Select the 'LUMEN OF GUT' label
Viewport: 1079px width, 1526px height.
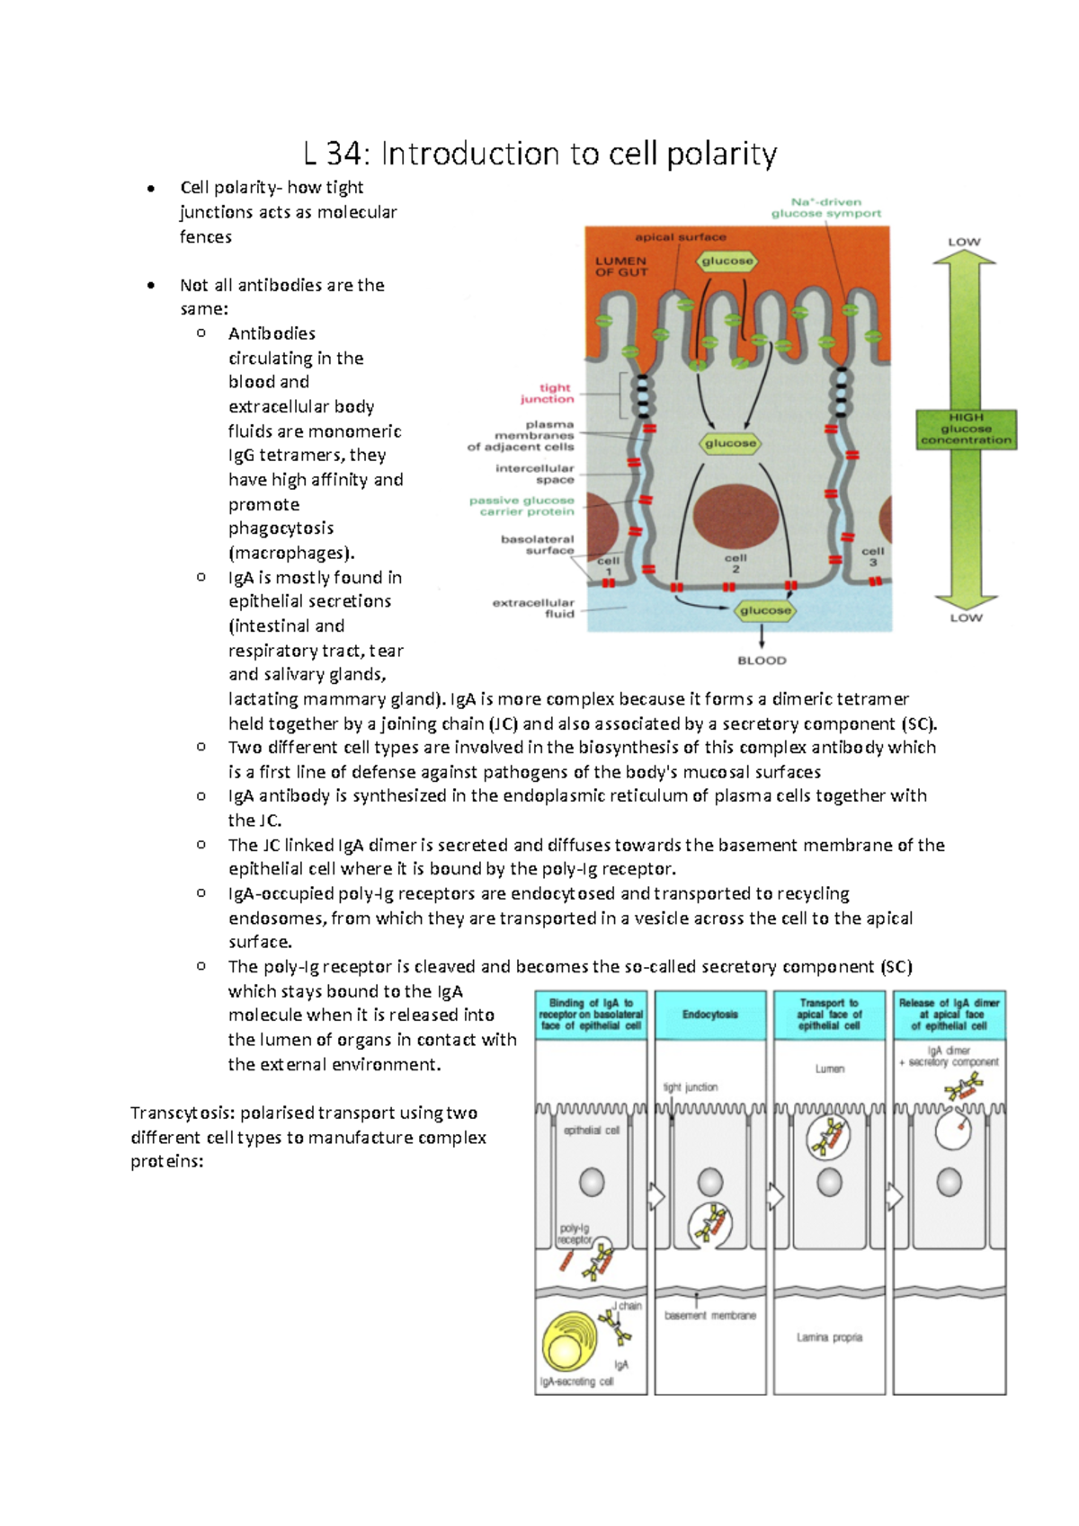(x=620, y=266)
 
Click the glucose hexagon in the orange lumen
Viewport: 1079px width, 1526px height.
(x=727, y=261)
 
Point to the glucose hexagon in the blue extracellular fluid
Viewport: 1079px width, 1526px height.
(x=764, y=610)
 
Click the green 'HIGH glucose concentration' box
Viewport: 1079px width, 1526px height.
(x=966, y=429)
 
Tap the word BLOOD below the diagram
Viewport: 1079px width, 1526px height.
(x=762, y=661)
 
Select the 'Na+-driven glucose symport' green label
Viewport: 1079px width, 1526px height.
(x=826, y=208)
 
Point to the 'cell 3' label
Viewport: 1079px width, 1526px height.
(x=872, y=556)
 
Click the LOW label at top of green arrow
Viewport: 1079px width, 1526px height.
(x=964, y=242)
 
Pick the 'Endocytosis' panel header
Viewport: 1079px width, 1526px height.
(x=709, y=1015)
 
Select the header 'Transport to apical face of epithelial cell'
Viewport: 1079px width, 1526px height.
(x=829, y=1014)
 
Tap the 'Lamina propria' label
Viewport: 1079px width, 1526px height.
(x=829, y=1337)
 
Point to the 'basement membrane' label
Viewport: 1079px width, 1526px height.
(x=710, y=1316)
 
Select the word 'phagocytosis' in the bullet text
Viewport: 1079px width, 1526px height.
(x=281, y=528)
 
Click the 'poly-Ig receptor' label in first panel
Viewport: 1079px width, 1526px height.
(x=575, y=1234)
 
